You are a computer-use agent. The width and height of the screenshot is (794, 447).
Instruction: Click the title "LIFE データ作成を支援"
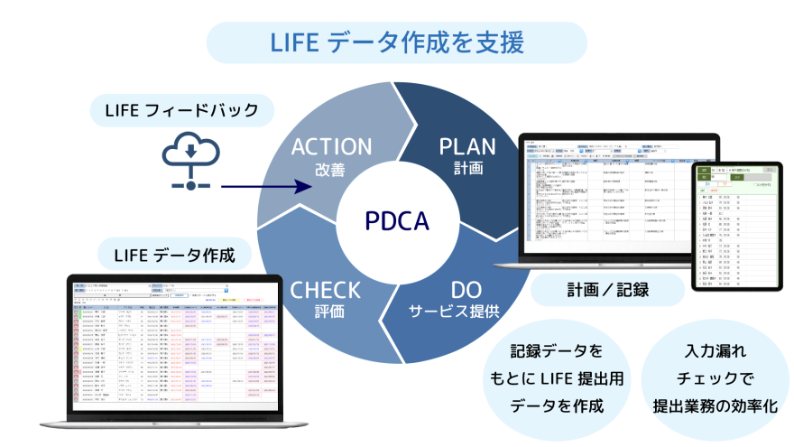397,42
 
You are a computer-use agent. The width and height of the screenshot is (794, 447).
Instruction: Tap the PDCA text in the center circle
397,220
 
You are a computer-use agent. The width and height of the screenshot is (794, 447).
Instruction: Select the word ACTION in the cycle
330,147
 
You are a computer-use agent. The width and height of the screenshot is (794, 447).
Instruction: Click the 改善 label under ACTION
330,169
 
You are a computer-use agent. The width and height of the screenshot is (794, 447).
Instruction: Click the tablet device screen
736,227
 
